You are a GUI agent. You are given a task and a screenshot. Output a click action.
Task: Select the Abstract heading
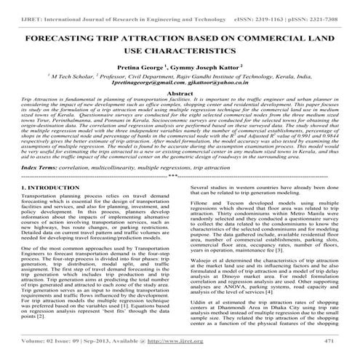(x=180, y=95)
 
